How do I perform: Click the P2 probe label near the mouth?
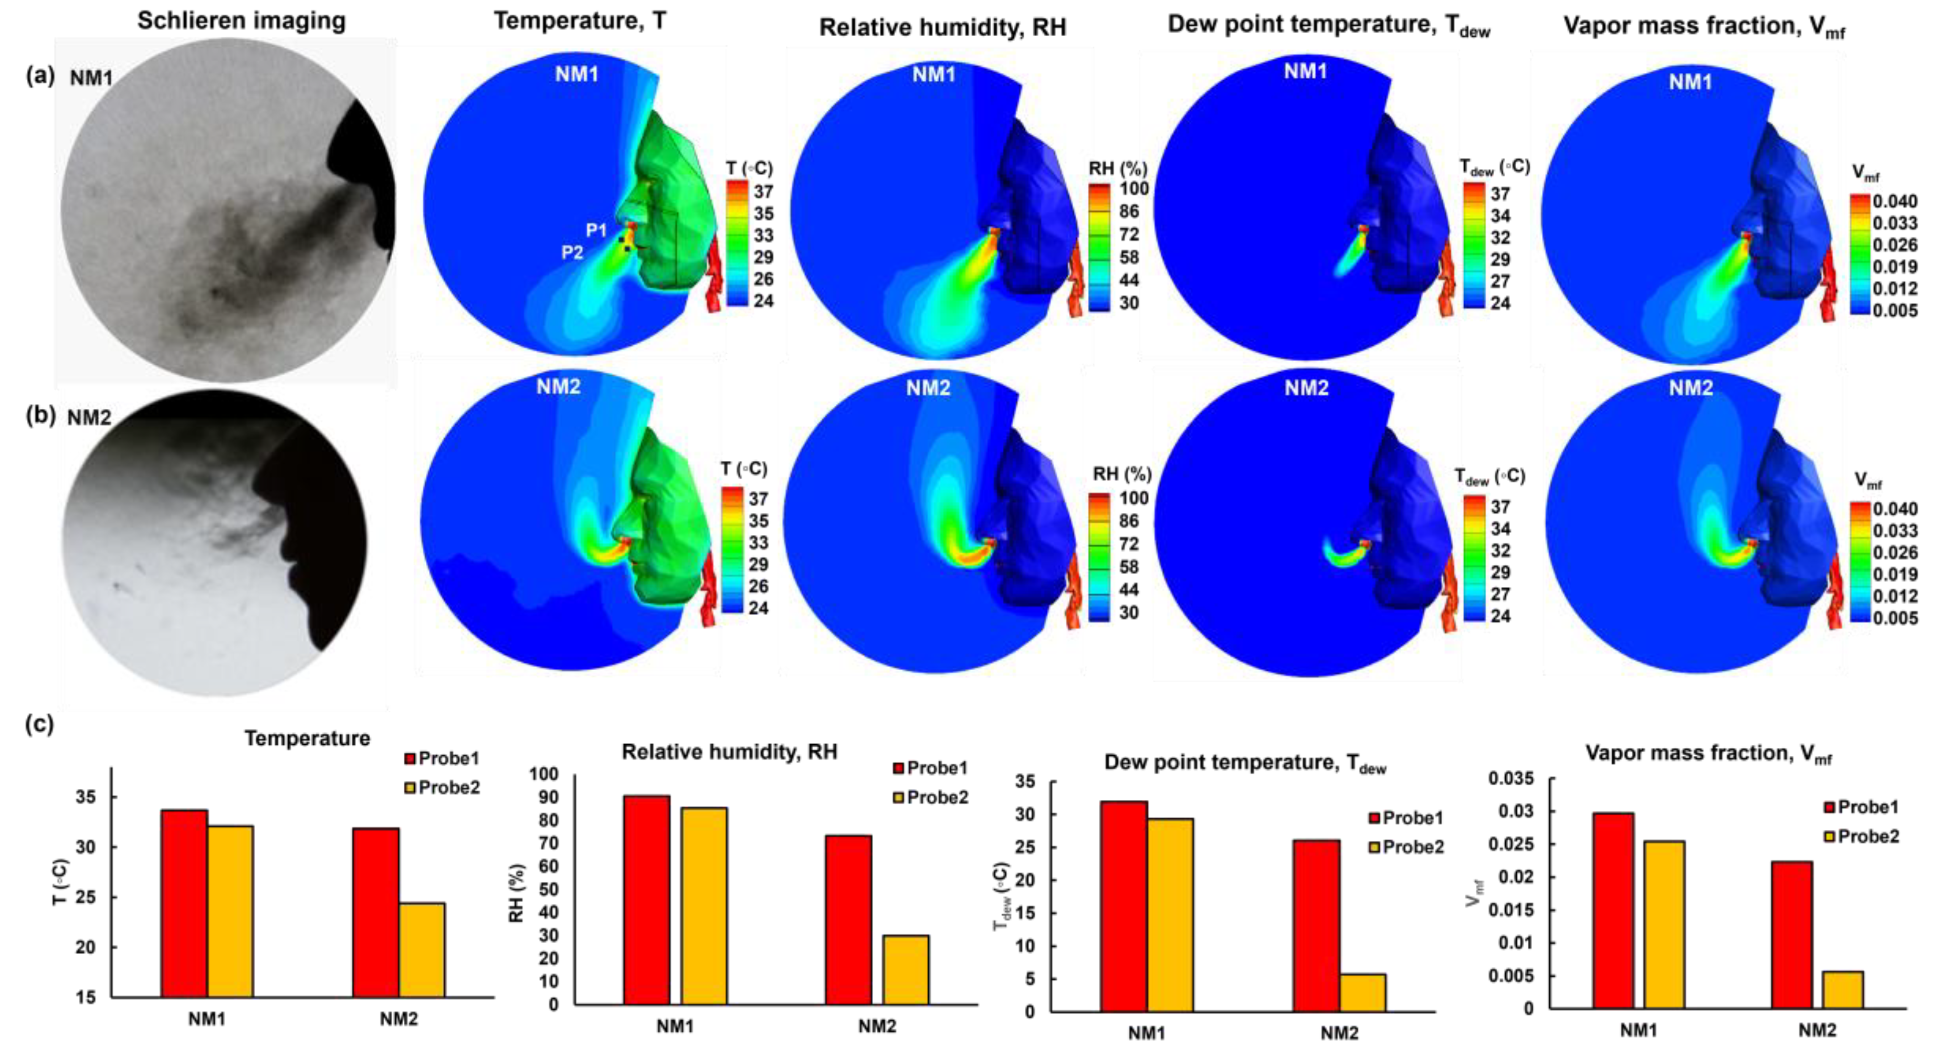(x=572, y=252)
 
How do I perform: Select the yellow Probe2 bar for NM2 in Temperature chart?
(x=422, y=949)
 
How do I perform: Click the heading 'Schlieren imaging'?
(x=242, y=21)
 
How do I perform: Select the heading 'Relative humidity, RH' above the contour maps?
(x=942, y=28)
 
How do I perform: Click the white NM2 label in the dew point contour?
(x=1306, y=388)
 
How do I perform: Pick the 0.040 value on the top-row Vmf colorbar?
(x=1895, y=201)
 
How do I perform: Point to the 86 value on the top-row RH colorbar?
(x=1129, y=211)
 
